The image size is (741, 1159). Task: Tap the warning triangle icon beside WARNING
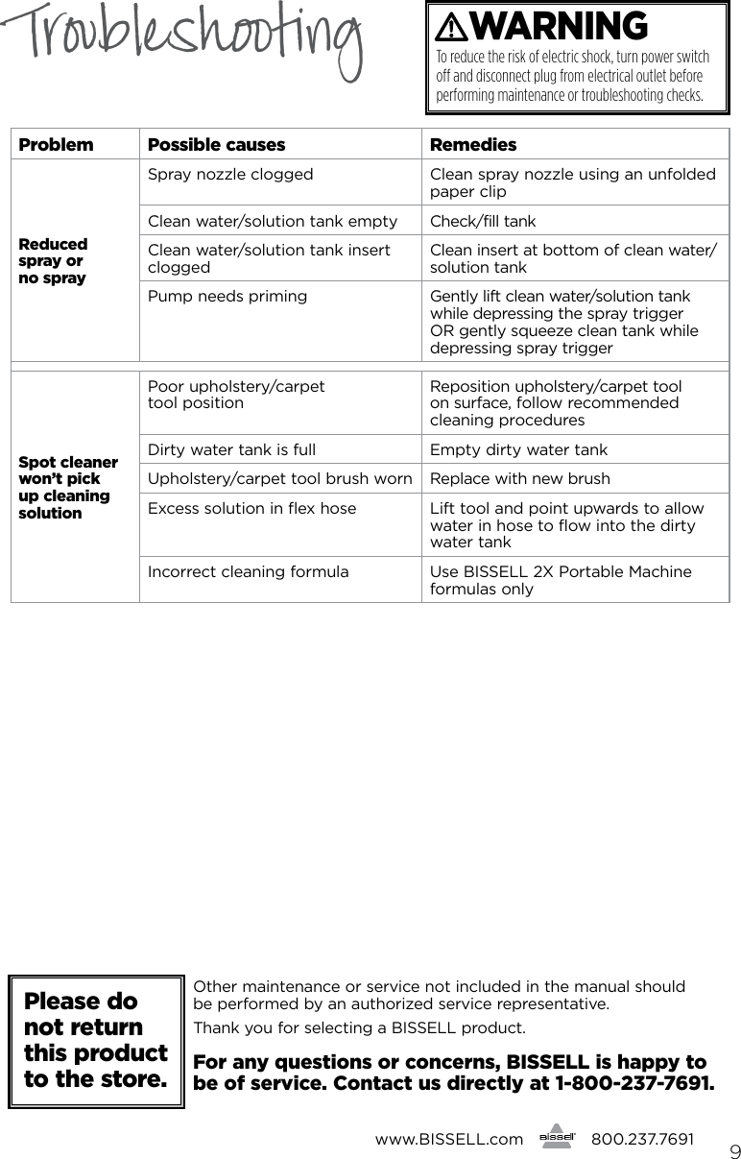tap(450, 28)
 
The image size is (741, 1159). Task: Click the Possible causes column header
tap(216, 145)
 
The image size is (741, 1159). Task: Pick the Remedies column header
tap(473, 145)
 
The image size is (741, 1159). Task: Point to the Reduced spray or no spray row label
tap(53, 261)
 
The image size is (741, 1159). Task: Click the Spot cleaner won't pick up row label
tap(68, 487)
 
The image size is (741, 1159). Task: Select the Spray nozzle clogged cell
tap(230, 175)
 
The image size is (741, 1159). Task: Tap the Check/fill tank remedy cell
tap(483, 222)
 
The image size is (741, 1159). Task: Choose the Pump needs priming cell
tap(227, 297)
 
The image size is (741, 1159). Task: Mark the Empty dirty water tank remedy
tap(518, 449)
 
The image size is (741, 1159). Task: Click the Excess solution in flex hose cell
tap(251, 508)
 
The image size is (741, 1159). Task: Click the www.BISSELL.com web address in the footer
tap(448, 1139)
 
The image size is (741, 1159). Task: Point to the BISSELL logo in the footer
tap(557, 1139)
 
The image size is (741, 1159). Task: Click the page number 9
tap(733, 1150)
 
